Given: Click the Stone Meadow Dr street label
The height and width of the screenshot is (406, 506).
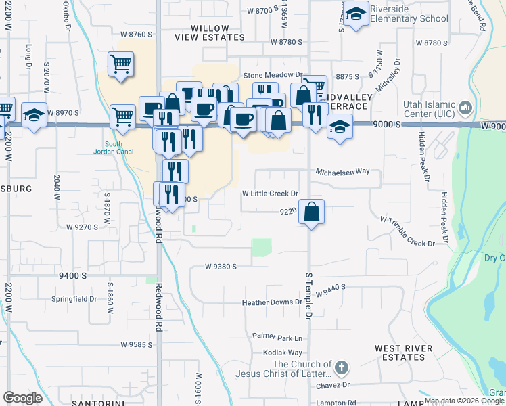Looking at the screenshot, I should (272, 76).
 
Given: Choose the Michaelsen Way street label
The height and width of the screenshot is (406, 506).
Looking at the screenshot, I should (342, 172).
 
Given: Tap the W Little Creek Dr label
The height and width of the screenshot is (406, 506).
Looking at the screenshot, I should (271, 194).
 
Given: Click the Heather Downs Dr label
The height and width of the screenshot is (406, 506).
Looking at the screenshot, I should (272, 302).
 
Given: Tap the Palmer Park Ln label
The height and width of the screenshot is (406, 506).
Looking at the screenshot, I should (277, 336).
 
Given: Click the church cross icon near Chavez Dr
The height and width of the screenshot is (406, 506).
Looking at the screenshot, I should (342, 369).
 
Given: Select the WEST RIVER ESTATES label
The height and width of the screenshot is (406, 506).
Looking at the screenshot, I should (404, 353).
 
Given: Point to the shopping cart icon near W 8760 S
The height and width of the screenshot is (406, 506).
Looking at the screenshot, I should (121, 65).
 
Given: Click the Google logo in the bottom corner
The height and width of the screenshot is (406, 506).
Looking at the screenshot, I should (22, 398).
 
